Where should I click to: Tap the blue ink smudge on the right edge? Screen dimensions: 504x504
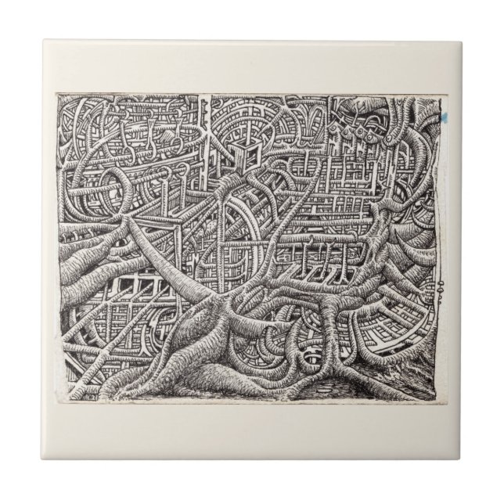coord(444,115)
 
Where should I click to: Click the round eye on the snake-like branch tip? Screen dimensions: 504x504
coord(389,134)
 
